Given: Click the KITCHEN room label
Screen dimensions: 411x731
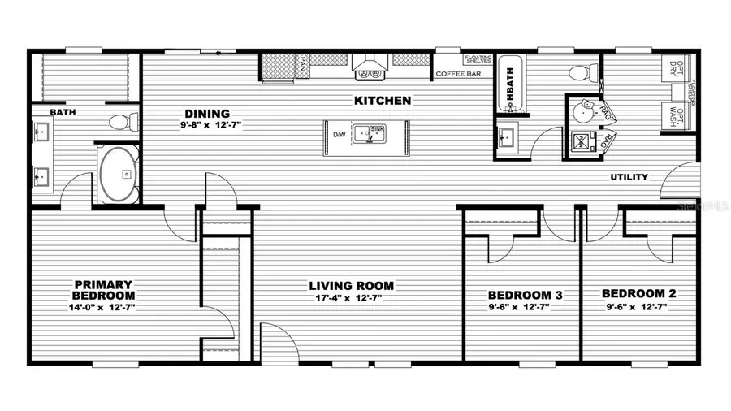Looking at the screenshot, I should pyautogui.click(x=382, y=102).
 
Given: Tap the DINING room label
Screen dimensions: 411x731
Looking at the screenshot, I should pyautogui.click(x=207, y=114).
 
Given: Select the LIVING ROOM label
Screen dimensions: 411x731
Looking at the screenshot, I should pyautogui.click(x=351, y=286).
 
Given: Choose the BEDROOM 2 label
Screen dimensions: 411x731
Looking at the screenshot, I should pyautogui.click(x=638, y=294).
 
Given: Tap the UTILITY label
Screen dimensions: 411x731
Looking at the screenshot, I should pyautogui.click(x=629, y=177).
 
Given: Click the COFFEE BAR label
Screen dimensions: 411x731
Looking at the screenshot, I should pyautogui.click(x=459, y=74).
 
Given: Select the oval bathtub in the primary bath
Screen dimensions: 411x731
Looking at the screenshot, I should pyautogui.click(x=119, y=173).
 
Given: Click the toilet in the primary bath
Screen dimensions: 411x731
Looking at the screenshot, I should pyautogui.click(x=122, y=123).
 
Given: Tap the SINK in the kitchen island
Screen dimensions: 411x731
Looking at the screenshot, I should pyautogui.click(x=374, y=135).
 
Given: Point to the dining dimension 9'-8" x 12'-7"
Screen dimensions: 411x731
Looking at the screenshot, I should pyautogui.click(x=211, y=125).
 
